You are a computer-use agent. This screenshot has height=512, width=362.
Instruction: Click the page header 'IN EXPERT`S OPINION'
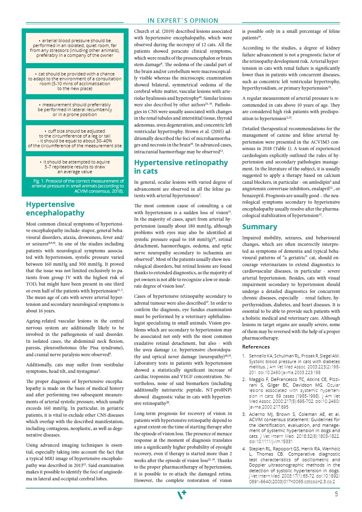click(183, 21)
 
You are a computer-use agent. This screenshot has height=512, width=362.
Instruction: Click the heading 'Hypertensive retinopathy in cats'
click(181, 167)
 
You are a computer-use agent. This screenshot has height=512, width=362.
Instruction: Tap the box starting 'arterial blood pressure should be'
click(75, 48)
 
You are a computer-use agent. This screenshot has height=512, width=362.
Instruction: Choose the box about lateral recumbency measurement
click(75, 109)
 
